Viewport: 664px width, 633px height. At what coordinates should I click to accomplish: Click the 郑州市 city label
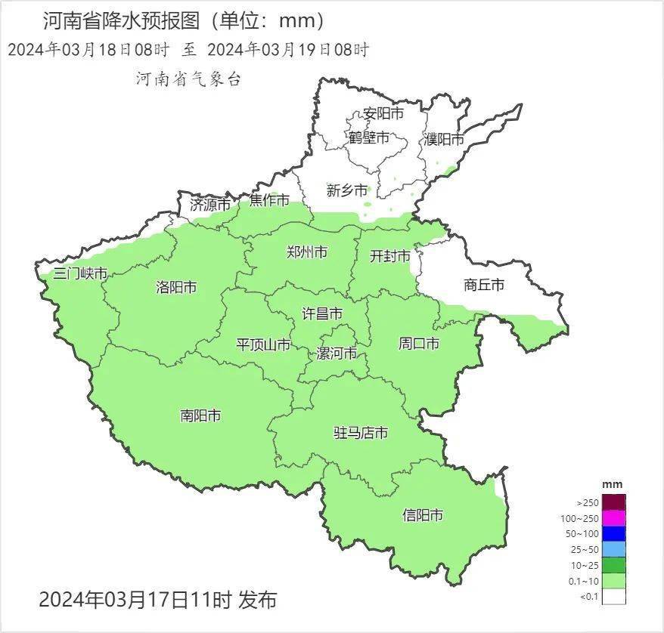pyautogui.click(x=307, y=252)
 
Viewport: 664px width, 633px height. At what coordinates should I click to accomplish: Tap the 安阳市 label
pyautogui.click(x=383, y=114)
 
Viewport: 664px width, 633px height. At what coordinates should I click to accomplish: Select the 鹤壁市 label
pyautogui.click(x=368, y=138)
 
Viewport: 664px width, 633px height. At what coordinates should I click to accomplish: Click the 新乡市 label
pyautogui.click(x=347, y=190)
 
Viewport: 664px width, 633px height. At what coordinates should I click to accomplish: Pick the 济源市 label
pyautogui.click(x=209, y=204)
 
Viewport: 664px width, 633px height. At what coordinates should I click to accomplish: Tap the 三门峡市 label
pyautogui.click(x=80, y=273)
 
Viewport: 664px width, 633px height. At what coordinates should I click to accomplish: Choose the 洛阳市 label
pyautogui.click(x=176, y=287)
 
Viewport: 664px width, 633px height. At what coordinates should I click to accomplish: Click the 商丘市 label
pyautogui.click(x=483, y=285)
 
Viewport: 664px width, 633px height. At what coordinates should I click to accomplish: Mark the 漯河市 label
pyautogui.click(x=336, y=354)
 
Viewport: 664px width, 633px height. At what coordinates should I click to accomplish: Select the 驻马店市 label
pyautogui.click(x=361, y=433)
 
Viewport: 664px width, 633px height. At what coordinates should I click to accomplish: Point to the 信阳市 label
pyautogui.click(x=423, y=516)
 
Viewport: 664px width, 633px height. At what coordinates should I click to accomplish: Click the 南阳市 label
pyautogui.click(x=200, y=415)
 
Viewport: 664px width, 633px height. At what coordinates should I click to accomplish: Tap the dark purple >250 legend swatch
pyautogui.click(x=614, y=502)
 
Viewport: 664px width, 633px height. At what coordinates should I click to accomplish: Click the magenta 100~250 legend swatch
pyautogui.click(x=614, y=517)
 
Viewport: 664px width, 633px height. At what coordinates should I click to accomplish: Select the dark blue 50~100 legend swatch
pyautogui.click(x=614, y=533)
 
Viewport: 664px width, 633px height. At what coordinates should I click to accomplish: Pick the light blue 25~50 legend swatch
pyautogui.click(x=614, y=549)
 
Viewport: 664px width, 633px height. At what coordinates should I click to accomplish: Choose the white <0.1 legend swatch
pyautogui.click(x=614, y=597)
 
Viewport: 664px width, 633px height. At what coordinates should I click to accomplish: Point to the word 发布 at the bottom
pyautogui.click(x=257, y=601)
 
